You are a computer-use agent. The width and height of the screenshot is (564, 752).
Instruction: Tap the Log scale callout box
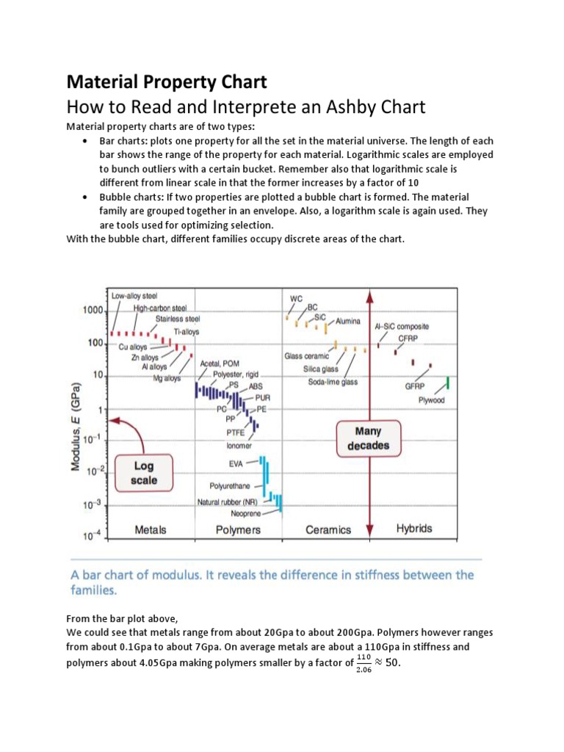pyautogui.click(x=143, y=473)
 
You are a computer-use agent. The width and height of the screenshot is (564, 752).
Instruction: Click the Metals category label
pyautogui.click(x=151, y=529)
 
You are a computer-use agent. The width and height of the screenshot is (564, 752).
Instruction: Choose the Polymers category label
pyautogui.click(x=237, y=529)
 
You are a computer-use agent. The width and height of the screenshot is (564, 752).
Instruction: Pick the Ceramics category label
pyautogui.click(x=328, y=529)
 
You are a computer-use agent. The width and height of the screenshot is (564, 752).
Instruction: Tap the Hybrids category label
pyautogui.click(x=414, y=528)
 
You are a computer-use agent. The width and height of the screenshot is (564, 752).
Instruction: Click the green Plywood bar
pyautogui.click(x=448, y=383)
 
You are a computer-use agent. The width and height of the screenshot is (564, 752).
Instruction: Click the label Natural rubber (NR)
pyautogui.click(x=231, y=502)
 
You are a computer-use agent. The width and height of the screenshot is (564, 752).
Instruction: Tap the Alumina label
pyautogui.click(x=347, y=321)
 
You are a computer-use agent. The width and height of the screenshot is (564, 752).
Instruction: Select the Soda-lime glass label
pyautogui.click(x=333, y=382)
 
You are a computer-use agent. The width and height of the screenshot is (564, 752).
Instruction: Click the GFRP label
pyautogui.click(x=416, y=386)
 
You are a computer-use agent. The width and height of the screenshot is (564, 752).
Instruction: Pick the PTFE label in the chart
pyautogui.click(x=236, y=433)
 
